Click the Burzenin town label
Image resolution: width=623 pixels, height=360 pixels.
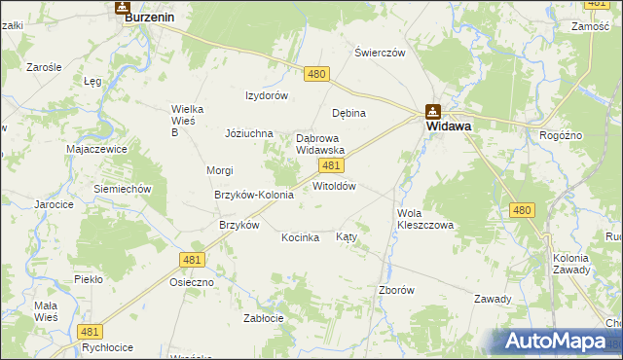tap(149, 17)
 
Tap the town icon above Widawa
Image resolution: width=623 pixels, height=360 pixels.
tap(433, 111)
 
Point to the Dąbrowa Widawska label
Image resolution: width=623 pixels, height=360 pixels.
tap(320, 145)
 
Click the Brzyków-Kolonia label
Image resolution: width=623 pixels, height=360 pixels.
tap(253, 195)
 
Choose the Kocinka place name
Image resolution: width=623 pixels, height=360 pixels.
tap(301, 237)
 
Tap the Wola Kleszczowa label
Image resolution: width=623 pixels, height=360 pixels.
tap(424, 219)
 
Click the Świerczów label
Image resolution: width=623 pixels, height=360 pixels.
tap(380, 53)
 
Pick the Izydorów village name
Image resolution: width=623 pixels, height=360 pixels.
tap(267, 95)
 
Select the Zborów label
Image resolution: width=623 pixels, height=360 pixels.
tap(397, 290)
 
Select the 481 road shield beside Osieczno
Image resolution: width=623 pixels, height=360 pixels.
tap(191, 259)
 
